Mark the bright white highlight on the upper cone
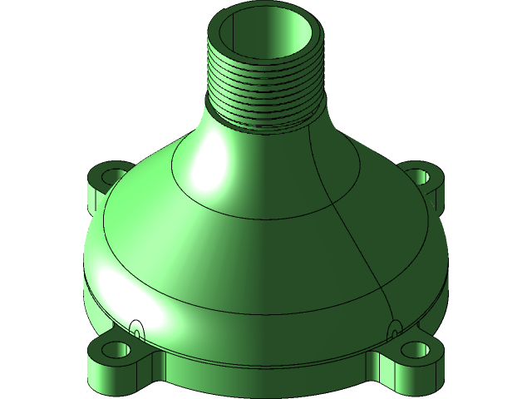click(x=208, y=170)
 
